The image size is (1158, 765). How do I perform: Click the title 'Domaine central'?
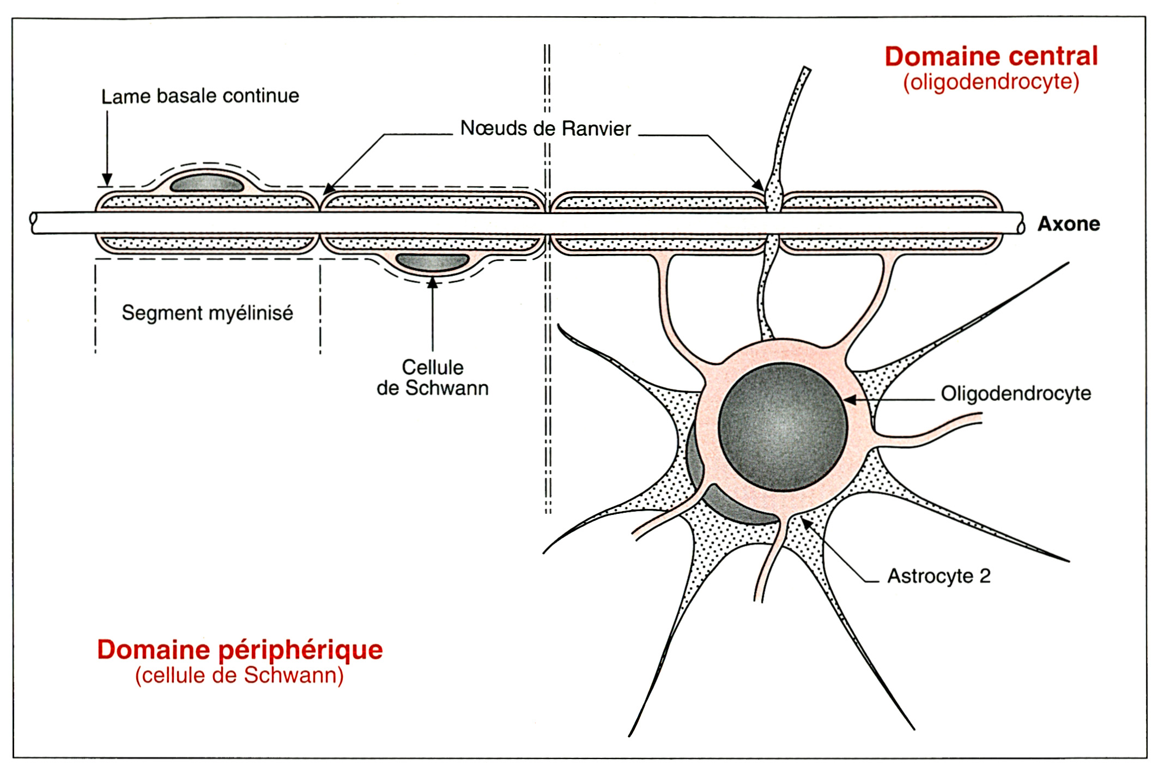pyautogui.click(x=991, y=57)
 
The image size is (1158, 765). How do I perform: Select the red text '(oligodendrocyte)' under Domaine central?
pyautogui.click(x=991, y=82)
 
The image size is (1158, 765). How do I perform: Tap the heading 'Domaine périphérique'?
pyautogui.click(x=240, y=649)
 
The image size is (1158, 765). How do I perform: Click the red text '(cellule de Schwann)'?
pyautogui.click(x=240, y=676)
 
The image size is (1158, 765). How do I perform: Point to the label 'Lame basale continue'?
pyautogui.click(x=200, y=96)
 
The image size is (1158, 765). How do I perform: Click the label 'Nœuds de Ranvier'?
pyautogui.click(x=545, y=129)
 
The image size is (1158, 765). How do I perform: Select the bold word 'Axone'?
pyautogui.click(x=1068, y=224)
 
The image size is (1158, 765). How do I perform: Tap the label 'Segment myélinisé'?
pyautogui.click(x=207, y=313)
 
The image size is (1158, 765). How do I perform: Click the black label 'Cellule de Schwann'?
pyautogui.click(x=433, y=378)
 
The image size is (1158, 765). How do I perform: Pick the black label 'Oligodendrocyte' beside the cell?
pyautogui.click(x=1016, y=393)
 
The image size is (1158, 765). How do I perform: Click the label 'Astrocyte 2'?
pyautogui.click(x=938, y=576)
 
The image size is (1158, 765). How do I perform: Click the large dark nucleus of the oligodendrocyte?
pyautogui.click(x=783, y=427)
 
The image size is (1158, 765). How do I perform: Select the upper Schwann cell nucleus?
pyautogui.click(x=207, y=183)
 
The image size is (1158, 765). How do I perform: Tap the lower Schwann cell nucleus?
pyautogui.click(x=432, y=262)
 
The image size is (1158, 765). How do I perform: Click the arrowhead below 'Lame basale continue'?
pyautogui.click(x=107, y=180)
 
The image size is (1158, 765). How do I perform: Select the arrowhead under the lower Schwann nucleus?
pyautogui.click(x=433, y=283)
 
